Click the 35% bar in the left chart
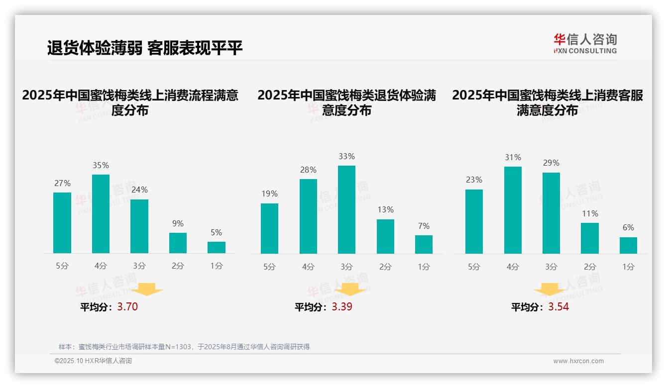click(101, 214)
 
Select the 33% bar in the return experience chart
click(346, 209)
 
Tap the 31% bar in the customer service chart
click(513, 210)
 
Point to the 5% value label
click(216, 232)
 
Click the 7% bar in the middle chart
click(424, 244)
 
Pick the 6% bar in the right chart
click(628, 245)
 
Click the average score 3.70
click(127, 307)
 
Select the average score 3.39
click(342, 307)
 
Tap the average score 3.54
click(558, 307)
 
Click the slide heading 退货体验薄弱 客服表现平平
click(145, 48)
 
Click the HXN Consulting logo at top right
click(585, 43)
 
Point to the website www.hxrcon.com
click(578, 361)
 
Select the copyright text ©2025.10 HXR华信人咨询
click(93, 361)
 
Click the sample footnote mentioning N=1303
click(184, 347)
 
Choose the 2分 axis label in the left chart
click(178, 266)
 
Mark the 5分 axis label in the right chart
click(474, 267)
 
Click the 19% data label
click(269, 194)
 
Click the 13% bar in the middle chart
click(385, 236)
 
